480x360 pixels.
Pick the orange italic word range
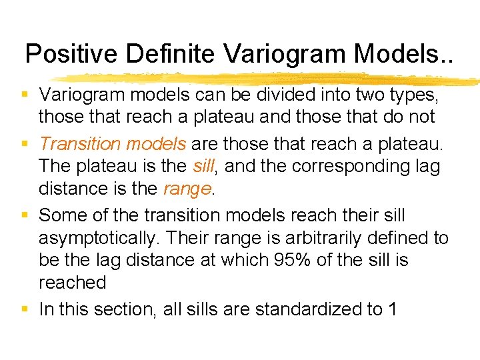pyautogui.click(x=187, y=189)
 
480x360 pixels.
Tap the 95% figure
pyautogui.click(x=293, y=259)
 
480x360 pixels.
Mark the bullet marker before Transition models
pyautogui.click(x=27, y=143)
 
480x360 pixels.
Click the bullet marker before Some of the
pyautogui.click(x=27, y=215)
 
